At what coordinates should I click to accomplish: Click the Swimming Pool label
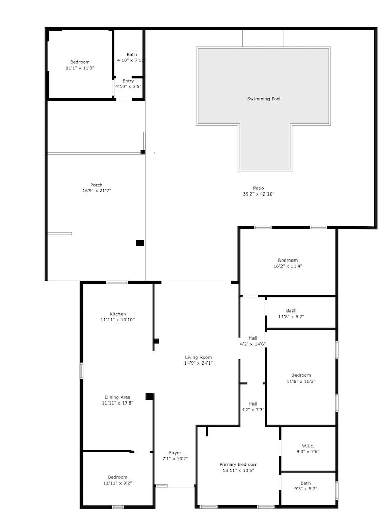tap(264, 99)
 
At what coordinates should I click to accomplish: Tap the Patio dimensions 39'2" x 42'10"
tap(259, 194)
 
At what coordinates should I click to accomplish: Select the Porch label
tap(97, 185)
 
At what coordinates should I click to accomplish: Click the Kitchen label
tap(117, 314)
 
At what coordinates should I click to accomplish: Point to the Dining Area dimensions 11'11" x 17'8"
tap(117, 403)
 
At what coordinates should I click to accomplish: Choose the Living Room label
tap(198, 357)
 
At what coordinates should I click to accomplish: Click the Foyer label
tap(175, 453)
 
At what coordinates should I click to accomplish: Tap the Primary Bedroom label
tap(238, 464)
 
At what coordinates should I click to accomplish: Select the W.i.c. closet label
tap(308, 446)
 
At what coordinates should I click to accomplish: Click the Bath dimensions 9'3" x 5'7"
tap(305, 489)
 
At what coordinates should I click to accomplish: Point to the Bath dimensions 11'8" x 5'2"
tap(291, 317)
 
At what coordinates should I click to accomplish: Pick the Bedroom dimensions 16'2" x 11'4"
tap(288, 266)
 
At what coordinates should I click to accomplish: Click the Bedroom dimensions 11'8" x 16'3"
tap(301, 381)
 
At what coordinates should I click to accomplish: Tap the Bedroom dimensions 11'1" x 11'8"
tap(80, 68)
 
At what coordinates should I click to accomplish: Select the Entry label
tap(128, 81)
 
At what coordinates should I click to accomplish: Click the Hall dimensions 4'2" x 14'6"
tap(253, 344)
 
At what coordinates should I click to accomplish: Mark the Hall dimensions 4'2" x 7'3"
tap(252, 410)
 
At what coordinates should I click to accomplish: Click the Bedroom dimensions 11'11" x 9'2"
tap(117, 483)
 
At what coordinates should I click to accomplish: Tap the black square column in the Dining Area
tap(150, 396)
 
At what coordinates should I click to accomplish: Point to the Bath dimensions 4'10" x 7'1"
tap(131, 60)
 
